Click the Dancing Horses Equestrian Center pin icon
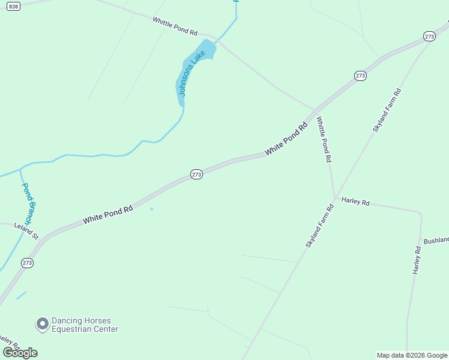coord(42,325)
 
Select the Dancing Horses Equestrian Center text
coord(85,325)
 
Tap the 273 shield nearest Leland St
coord(27,263)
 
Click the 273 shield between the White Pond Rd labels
coord(196,174)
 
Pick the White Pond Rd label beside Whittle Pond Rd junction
coord(286,139)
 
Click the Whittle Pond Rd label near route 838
coord(175,26)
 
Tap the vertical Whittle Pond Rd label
coord(324,140)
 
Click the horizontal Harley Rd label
coord(355,202)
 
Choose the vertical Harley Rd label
coord(417,260)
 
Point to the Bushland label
coord(436,240)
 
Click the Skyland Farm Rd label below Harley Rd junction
coord(319,226)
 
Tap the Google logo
coord(20,352)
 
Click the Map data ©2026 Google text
coord(411,355)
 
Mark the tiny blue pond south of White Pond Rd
coord(151,209)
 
